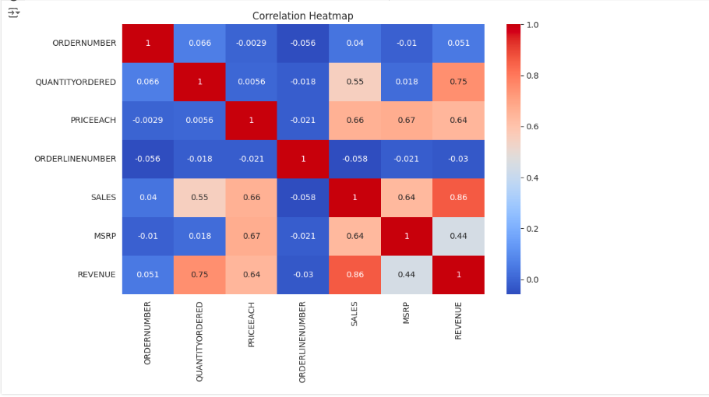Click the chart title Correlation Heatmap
pyautogui.click(x=302, y=16)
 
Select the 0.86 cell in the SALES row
pyautogui.click(x=458, y=198)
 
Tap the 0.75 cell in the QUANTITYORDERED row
pyautogui.click(x=458, y=82)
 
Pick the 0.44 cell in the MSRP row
pyautogui.click(x=458, y=236)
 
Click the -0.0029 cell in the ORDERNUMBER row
pyautogui.click(x=251, y=43)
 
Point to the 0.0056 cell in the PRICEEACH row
pyautogui.click(x=199, y=120)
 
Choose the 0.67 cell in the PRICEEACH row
pyautogui.click(x=406, y=120)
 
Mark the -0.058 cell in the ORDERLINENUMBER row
pyautogui.click(x=354, y=159)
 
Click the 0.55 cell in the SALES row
pyautogui.click(x=199, y=198)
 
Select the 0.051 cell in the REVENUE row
pyautogui.click(x=148, y=275)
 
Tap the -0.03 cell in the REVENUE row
pyautogui.click(x=303, y=275)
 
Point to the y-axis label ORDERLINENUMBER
pyautogui.click(x=76, y=159)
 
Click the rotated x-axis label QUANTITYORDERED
pyautogui.click(x=199, y=341)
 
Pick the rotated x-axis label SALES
pyautogui.click(x=354, y=314)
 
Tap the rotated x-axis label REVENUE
pyautogui.click(x=458, y=320)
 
